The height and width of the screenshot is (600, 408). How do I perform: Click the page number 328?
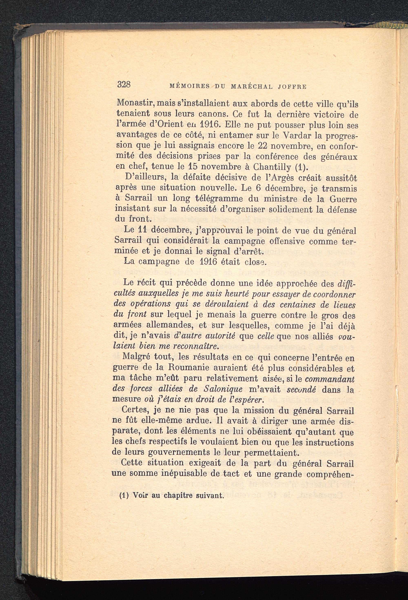[x=124, y=84]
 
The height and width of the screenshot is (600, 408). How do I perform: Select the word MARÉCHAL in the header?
[x=252, y=87]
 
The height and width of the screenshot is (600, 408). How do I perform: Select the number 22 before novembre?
[x=264, y=146]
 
